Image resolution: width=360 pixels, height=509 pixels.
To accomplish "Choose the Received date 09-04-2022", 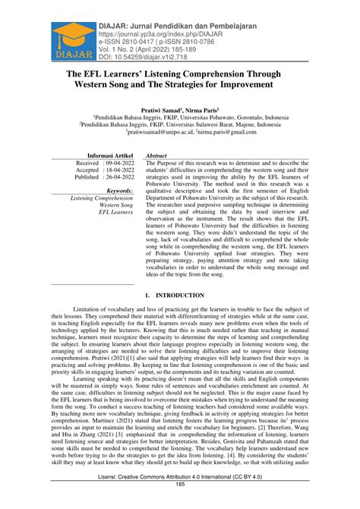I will [115, 163].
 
